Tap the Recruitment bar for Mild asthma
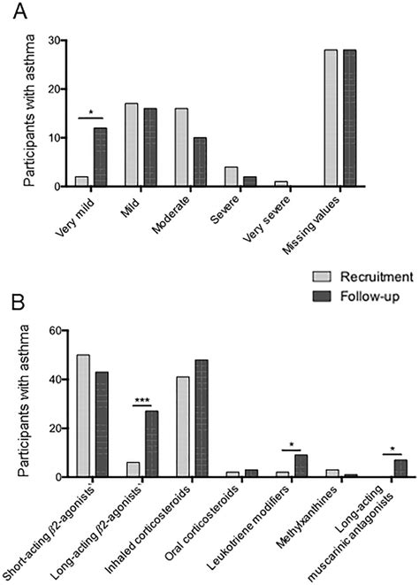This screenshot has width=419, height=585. point(131,145)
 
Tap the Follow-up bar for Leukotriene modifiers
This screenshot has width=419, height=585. point(301,466)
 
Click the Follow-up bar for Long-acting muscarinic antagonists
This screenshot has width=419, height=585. point(399,468)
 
